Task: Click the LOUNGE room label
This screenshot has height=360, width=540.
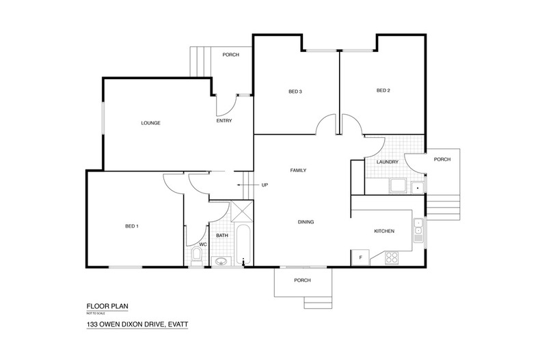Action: (150, 123)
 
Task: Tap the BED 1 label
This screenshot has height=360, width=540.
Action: (132, 226)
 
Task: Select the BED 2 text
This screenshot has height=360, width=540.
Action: (383, 91)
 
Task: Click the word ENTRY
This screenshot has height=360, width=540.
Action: (224, 121)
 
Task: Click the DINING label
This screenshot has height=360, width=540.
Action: (305, 221)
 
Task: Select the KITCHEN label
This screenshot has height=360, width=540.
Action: (384, 232)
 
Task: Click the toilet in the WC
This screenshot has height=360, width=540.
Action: (196, 257)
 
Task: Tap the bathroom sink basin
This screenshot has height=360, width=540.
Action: (220, 260)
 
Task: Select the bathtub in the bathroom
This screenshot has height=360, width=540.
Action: (243, 244)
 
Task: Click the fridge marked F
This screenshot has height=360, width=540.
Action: (359, 257)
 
